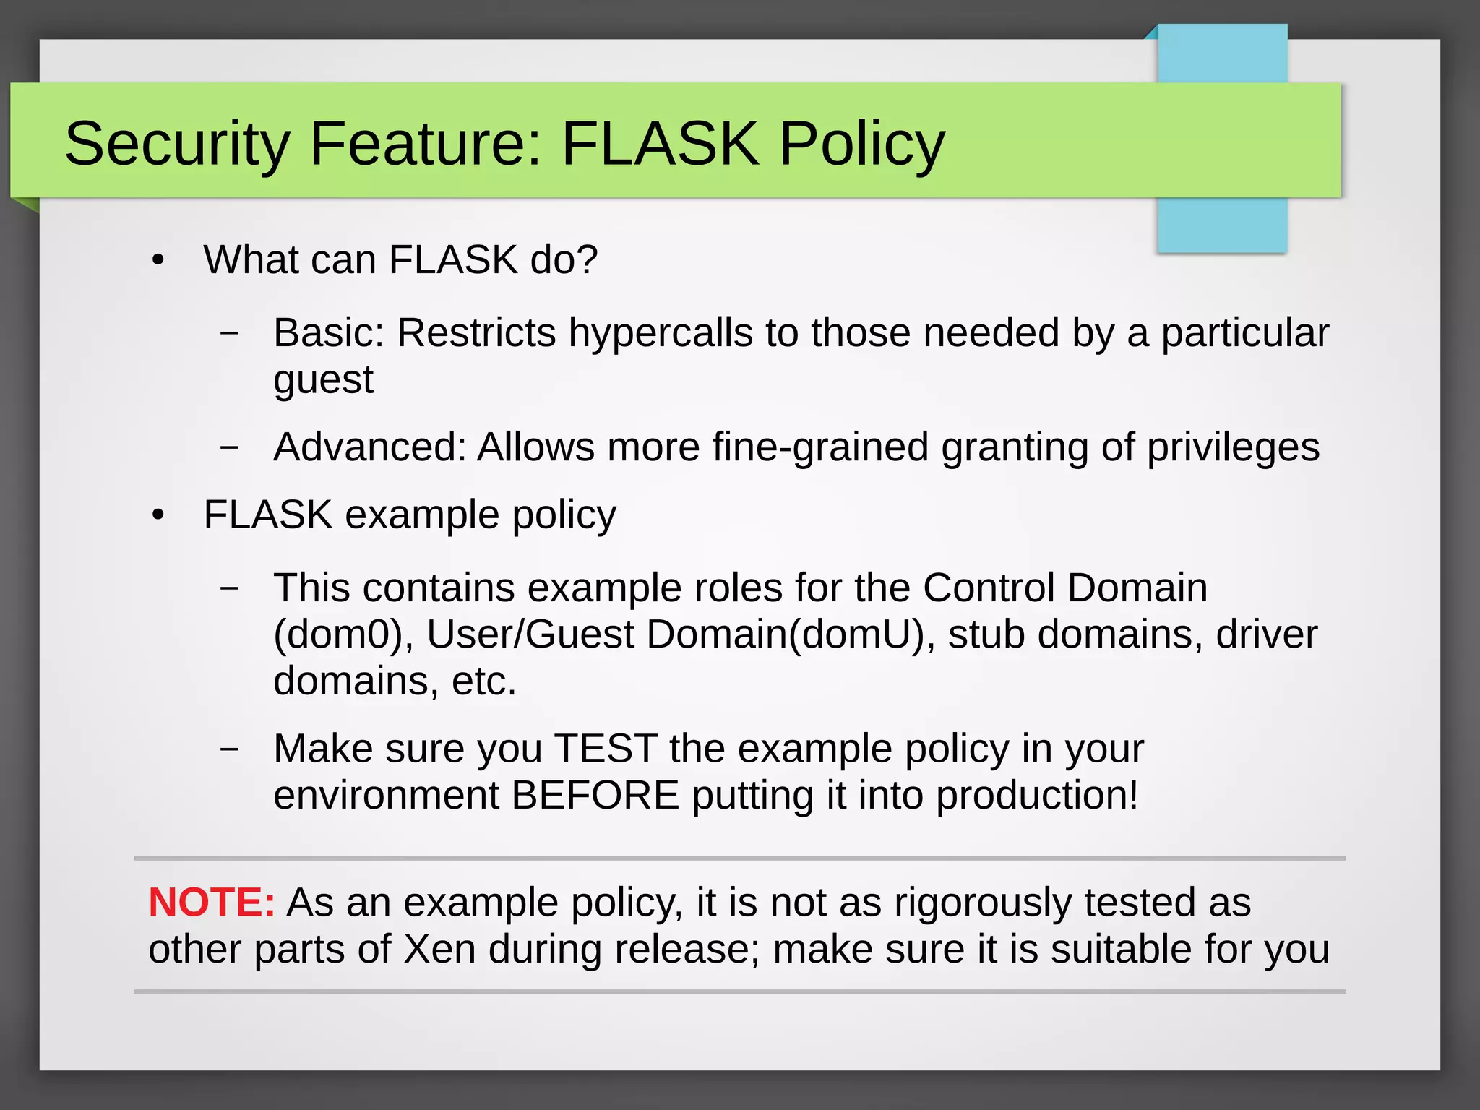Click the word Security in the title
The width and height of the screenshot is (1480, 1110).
coord(177,143)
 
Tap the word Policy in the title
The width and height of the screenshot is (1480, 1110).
coord(861,143)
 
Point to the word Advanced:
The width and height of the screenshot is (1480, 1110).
coord(369,447)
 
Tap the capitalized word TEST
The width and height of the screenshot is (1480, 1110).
coord(606,748)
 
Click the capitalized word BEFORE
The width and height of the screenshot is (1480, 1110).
coord(595,795)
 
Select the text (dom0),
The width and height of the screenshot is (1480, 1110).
coord(343,634)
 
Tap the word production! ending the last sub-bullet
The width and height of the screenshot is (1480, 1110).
coord(1037,795)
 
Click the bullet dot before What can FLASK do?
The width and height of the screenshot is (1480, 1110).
coord(158,260)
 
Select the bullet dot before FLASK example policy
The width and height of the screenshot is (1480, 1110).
coord(158,515)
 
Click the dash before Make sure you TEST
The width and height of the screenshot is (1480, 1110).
coord(229,749)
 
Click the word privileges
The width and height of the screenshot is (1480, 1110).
coord(1233,447)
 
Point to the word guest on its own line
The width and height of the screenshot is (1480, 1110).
coord(323,379)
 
